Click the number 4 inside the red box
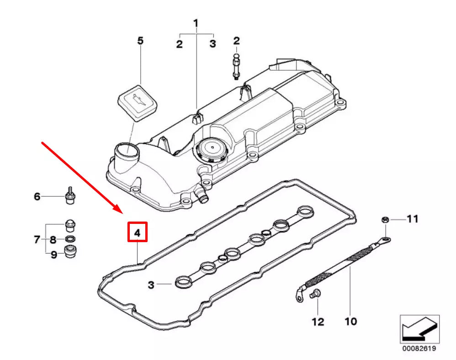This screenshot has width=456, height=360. (x=137, y=233)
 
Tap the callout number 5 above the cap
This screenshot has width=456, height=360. (x=140, y=41)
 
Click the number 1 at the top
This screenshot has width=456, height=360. (x=196, y=23)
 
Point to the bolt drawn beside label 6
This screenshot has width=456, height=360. (x=70, y=195)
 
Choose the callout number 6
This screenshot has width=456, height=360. (x=37, y=197)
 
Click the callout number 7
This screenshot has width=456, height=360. (x=37, y=239)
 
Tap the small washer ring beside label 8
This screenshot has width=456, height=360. (x=70, y=239)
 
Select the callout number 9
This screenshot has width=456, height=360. (x=53, y=254)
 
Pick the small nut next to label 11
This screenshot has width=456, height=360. (x=385, y=220)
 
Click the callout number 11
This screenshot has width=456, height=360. (x=412, y=219)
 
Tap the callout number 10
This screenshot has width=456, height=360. (x=350, y=321)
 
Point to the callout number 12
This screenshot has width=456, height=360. (x=318, y=321)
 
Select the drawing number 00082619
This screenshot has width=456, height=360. (x=419, y=349)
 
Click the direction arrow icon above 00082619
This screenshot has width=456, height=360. (x=419, y=328)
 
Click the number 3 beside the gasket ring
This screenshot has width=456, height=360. (x=151, y=285)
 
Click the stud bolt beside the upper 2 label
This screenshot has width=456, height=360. (x=236, y=67)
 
